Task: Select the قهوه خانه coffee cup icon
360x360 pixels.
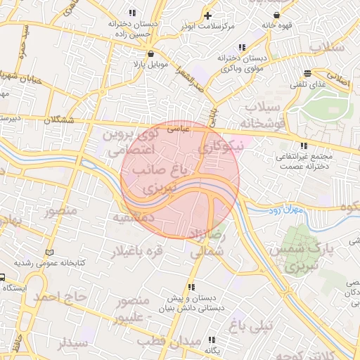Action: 276,14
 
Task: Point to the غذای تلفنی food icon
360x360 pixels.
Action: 307,74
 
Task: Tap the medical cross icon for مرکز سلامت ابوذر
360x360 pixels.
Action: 207,15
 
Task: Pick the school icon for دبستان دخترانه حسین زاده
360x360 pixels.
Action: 131,12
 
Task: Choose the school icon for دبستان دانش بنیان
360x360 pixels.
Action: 191,287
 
